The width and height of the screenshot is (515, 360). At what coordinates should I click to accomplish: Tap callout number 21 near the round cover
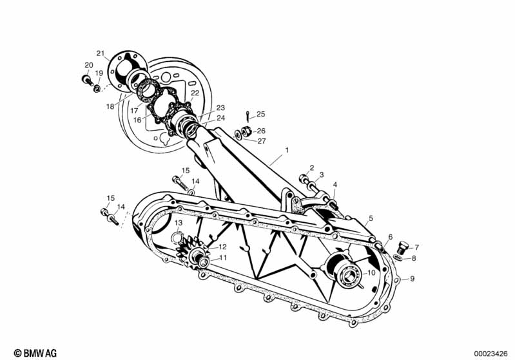100,53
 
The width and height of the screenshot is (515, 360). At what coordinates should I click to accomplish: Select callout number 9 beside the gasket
413,279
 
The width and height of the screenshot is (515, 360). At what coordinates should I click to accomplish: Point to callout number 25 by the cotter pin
260,114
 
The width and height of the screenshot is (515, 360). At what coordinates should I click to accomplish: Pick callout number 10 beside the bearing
370,272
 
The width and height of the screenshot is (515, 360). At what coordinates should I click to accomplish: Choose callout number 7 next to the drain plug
416,247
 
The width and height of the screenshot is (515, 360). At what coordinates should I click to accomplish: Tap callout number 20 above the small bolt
88,65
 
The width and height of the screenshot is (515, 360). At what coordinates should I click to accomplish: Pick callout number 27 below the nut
261,141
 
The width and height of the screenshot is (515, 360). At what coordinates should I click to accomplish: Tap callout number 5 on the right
371,218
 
